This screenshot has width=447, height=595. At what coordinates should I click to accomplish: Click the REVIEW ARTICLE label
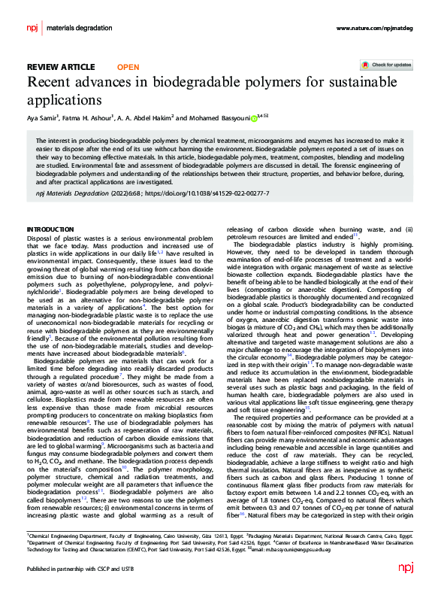click(x=61, y=66)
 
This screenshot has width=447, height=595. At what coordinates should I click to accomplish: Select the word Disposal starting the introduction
click(x=38, y=238)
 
